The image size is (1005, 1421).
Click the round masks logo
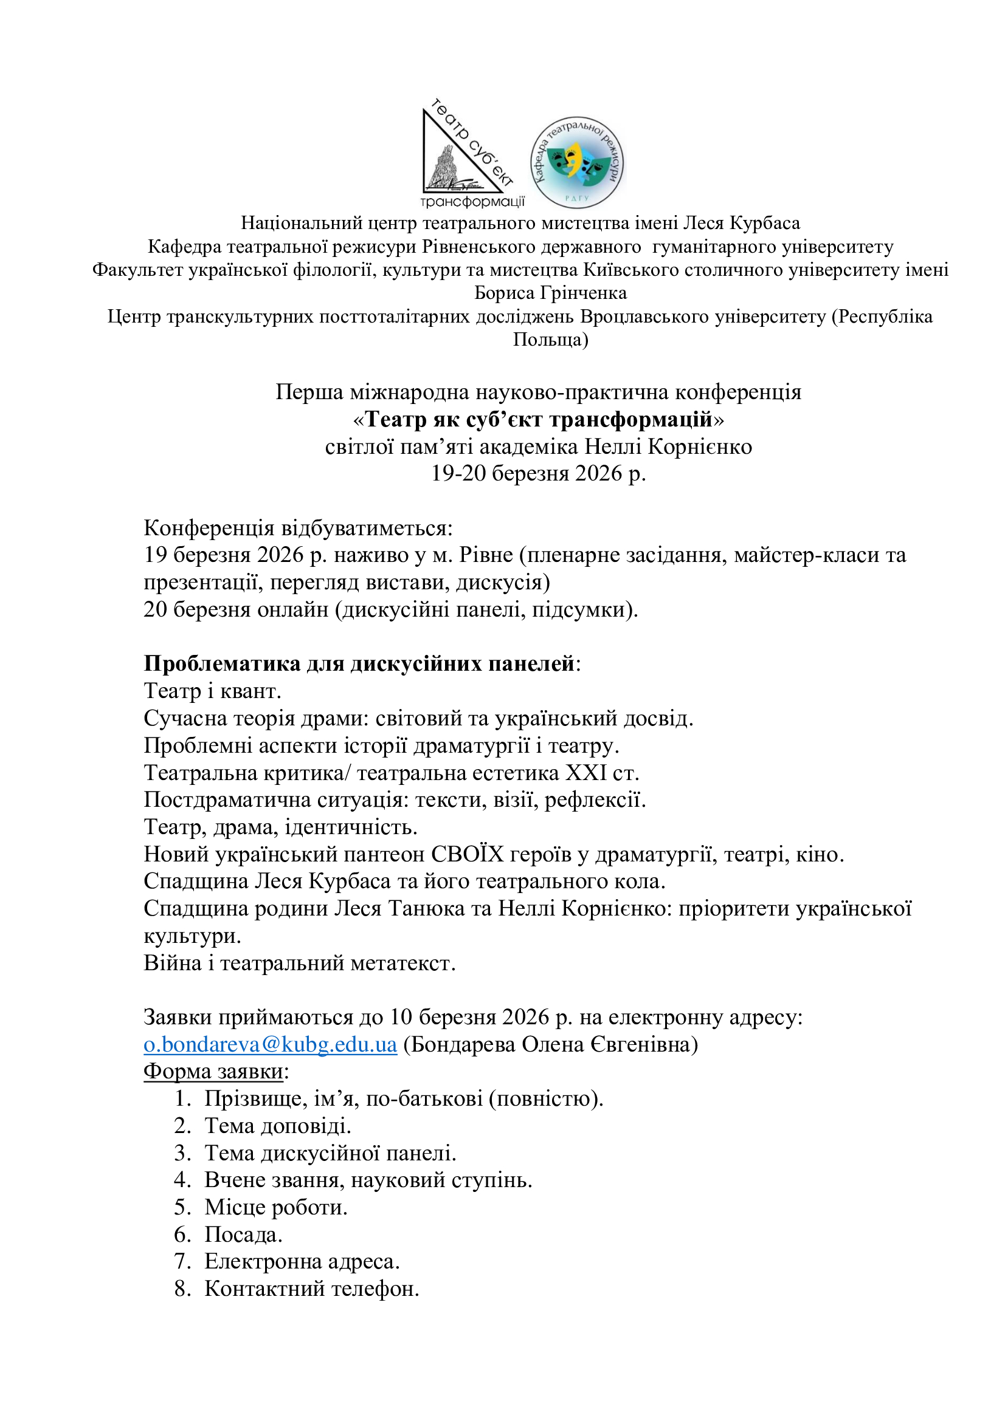576,162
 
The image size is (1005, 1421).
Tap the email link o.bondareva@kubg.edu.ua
270,1044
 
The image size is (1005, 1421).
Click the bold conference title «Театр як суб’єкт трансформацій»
538,420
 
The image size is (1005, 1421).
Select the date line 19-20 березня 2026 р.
538,473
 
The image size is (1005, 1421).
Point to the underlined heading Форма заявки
213,1071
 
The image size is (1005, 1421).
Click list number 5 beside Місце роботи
182,1208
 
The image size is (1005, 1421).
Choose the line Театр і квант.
212,691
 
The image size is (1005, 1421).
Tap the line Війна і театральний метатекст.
300,963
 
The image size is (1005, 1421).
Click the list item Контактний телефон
312,1289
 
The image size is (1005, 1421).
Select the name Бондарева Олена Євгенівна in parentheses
550,1044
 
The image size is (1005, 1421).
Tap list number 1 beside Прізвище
182,1098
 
